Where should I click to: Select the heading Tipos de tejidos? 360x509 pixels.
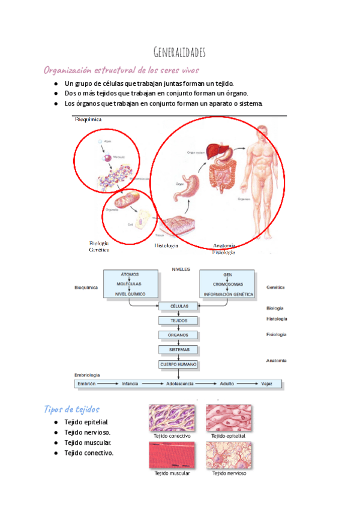click(x=71, y=409)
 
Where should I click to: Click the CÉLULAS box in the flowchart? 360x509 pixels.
click(x=179, y=306)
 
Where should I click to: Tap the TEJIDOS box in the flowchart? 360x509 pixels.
click(x=179, y=321)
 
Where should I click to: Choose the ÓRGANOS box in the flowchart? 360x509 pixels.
click(x=179, y=335)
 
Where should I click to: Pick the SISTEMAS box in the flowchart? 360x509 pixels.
click(x=179, y=349)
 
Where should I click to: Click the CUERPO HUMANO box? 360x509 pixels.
click(x=179, y=364)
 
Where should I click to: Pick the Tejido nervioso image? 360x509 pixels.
click(x=229, y=455)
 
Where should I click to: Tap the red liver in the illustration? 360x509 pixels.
click(x=215, y=150)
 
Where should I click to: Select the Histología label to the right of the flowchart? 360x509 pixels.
click(x=276, y=319)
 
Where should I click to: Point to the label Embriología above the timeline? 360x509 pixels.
click(x=87, y=375)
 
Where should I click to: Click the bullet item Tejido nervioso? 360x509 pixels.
click(x=88, y=432)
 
